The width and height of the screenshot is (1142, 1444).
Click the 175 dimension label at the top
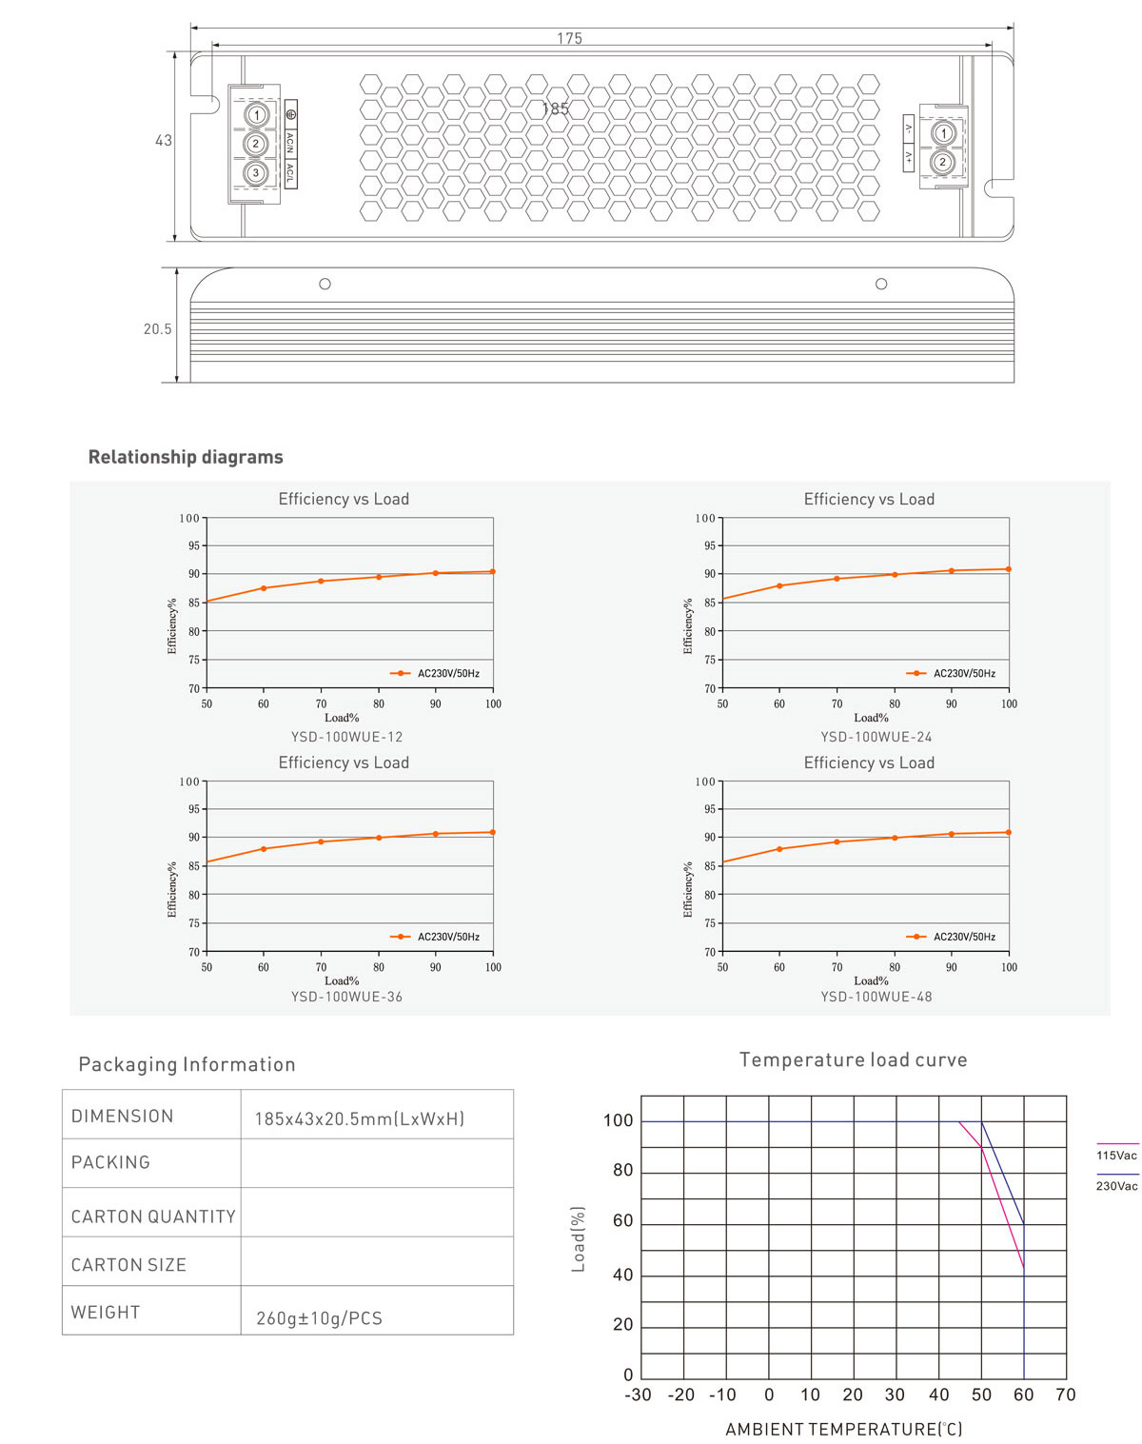(x=569, y=39)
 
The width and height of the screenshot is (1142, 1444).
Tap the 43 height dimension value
(x=164, y=141)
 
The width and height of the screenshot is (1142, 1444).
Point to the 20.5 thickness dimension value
(x=158, y=329)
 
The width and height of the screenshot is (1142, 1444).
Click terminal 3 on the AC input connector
(x=255, y=173)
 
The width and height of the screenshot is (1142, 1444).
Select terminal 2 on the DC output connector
(x=942, y=162)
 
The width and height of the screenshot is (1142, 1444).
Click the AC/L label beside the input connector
(x=290, y=172)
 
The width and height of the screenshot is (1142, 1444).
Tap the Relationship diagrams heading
(x=186, y=457)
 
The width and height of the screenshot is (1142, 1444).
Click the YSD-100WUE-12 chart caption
(x=346, y=737)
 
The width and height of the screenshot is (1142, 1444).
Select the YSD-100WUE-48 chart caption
(x=876, y=997)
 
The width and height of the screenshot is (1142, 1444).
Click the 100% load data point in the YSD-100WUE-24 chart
(x=1009, y=569)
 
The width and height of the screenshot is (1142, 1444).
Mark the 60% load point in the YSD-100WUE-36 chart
(x=264, y=848)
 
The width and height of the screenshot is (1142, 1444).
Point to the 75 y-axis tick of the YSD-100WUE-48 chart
(x=709, y=923)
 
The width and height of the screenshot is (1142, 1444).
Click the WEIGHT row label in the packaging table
(x=106, y=1312)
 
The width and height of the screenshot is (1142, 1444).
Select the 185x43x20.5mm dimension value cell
(x=360, y=1118)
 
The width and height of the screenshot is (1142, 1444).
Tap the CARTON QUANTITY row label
(x=153, y=1217)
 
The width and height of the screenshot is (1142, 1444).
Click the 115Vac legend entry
(x=1116, y=1155)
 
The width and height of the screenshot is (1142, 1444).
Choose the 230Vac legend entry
(x=1116, y=1186)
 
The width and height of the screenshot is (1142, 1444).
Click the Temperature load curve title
(x=853, y=1059)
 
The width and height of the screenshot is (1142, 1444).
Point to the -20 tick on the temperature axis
(x=680, y=1395)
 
